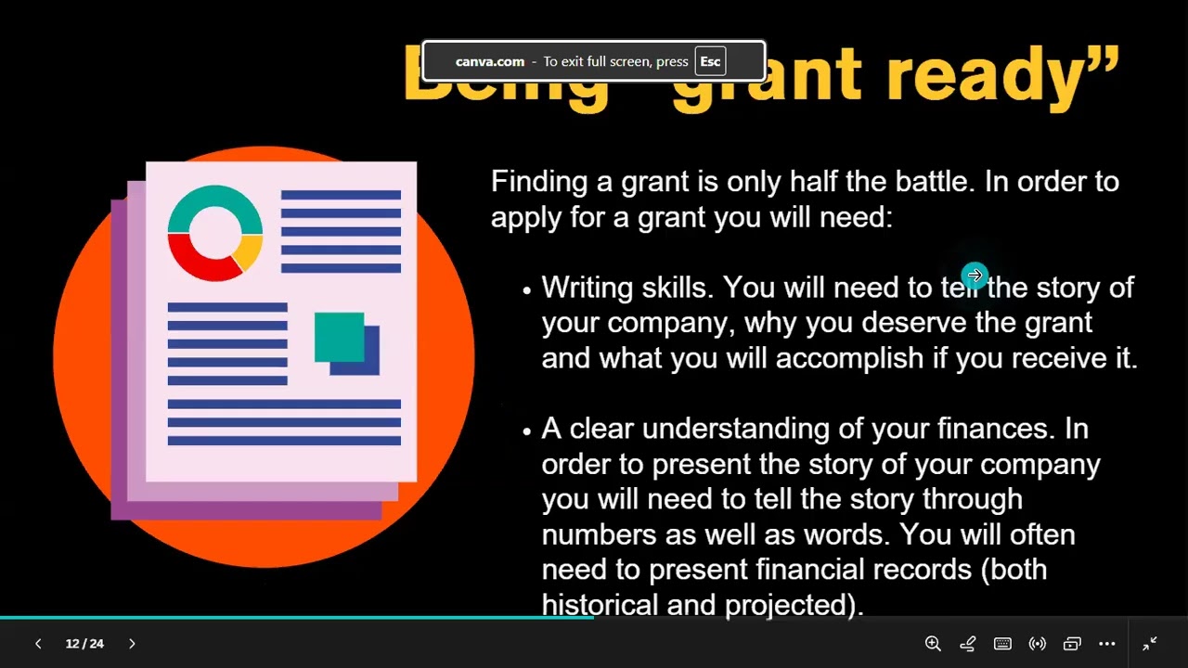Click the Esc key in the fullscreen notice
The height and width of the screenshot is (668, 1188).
click(710, 62)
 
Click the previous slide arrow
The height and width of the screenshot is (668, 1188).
click(38, 643)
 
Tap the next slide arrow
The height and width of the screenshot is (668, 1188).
click(132, 643)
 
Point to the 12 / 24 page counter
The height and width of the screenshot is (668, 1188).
click(84, 643)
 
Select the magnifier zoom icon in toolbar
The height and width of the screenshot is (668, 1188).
click(933, 643)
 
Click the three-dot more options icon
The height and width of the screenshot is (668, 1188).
click(1107, 643)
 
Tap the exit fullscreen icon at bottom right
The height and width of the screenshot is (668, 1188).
click(1150, 643)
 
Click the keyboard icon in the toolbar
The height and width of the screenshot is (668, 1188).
click(1002, 643)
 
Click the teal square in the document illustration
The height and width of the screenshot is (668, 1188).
click(339, 337)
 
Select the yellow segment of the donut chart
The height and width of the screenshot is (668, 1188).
click(250, 250)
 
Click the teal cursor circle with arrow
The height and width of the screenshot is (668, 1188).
click(974, 276)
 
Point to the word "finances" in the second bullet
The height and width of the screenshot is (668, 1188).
click(993, 429)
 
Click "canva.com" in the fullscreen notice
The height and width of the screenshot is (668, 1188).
click(490, 62)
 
